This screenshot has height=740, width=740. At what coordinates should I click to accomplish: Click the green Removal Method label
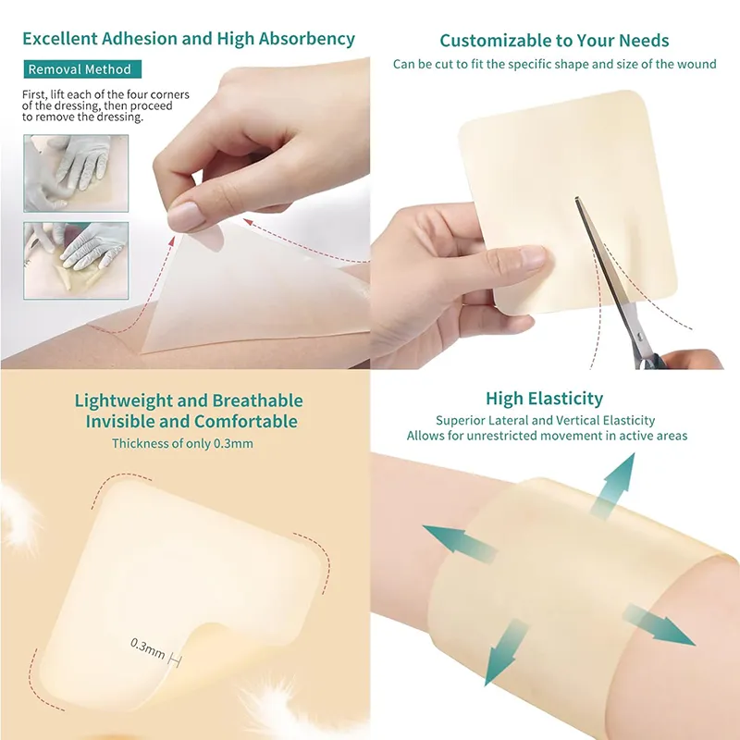pyautogui.click(x=80, y=69)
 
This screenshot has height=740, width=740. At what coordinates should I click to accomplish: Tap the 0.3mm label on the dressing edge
pyautogui.click(x=148, y=648)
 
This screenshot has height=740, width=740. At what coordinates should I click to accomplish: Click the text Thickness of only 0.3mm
pyautogui.click(x=182, y=444)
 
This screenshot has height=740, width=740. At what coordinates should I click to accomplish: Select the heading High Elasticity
pyautogui.click(x=544, y=399)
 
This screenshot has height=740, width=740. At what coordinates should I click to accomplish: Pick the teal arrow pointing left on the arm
pyautogui.click(x=452, y=542)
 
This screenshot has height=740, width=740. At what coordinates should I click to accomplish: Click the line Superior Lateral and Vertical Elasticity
pyautogui.click(x=546, y=421)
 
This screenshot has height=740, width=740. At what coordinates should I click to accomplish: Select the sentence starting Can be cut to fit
pyautogui.click(x=555, y=65)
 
